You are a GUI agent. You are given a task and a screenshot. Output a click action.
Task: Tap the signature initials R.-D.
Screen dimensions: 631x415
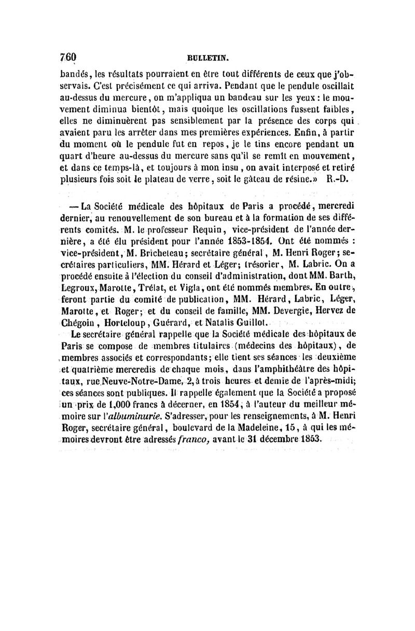pyautogui.click(x=339, y=181)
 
